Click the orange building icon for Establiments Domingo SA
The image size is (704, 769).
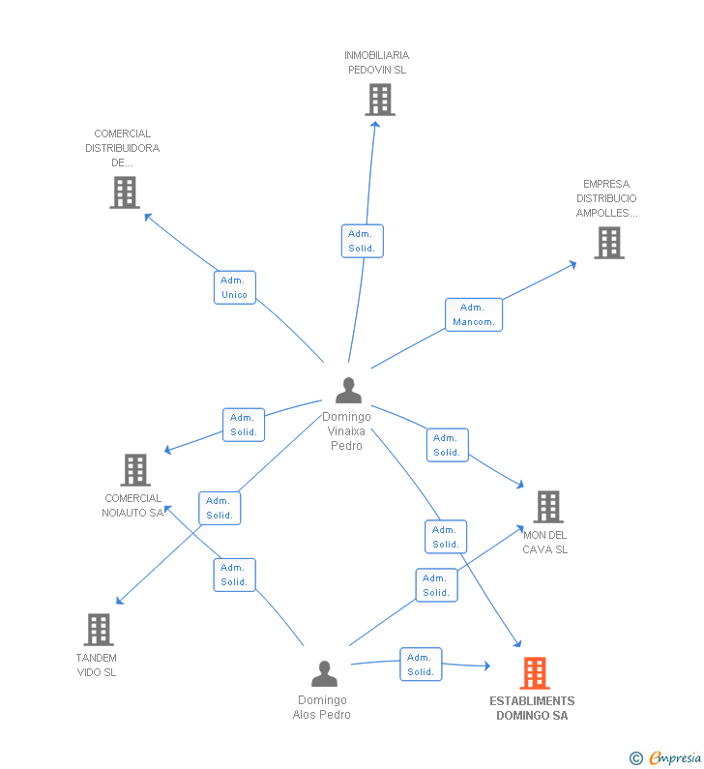click(x=534, y=672)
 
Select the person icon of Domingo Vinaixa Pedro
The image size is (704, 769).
click(x=348, y=391)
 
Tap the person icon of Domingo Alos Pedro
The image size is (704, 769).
click(x=325, y=673)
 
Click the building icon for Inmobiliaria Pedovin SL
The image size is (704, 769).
click(x=380, y=100)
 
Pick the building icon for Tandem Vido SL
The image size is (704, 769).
click(x=98, y=630)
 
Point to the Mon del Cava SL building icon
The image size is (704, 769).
click(x=547, y=506)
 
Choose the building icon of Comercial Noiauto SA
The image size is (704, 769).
click(x=135, y=470)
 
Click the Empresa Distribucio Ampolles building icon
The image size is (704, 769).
click(x=608, y=243)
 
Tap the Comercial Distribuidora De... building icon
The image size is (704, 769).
click(x=124, y=192)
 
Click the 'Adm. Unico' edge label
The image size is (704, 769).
click(x=235, y=287)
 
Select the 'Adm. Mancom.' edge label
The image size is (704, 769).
click(x=474, y=314)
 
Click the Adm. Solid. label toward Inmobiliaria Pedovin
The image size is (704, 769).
click(x=362, y=241)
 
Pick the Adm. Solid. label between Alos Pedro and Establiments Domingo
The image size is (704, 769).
click(x=421, y=665)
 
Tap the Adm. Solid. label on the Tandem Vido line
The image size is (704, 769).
click(x=220, y=508)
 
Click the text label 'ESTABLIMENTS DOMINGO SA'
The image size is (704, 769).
click(x=532, y=708)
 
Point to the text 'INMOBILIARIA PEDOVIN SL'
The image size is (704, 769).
click(x=376, y=63)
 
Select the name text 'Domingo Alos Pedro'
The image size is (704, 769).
click(x=322, y=707)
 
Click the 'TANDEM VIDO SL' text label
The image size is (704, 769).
click(x=96, y=665)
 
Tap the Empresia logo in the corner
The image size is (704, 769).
click(x=666, y=757)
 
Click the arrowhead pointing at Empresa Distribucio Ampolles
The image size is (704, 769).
click(x=572, y=263)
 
